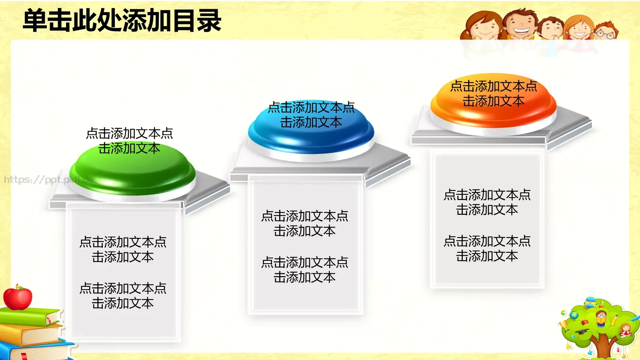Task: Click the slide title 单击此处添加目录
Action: point(122,21)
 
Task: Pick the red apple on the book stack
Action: point(18,298)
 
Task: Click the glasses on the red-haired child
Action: point(605,34)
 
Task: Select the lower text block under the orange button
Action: point(487,248)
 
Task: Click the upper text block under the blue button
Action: point(304,223)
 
